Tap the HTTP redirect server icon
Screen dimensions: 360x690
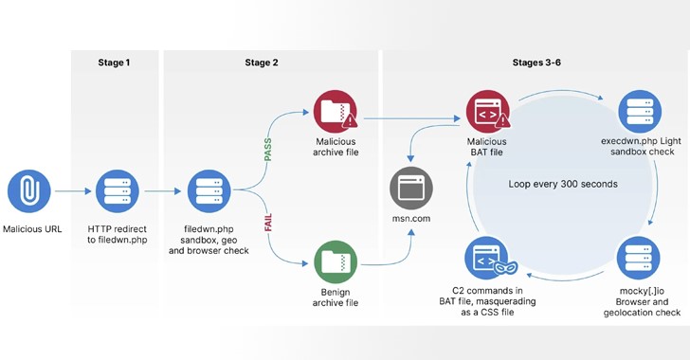[x=118, y=189]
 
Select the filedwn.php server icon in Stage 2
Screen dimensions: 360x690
[x=208, y=189]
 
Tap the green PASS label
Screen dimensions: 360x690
[x=267, y=149]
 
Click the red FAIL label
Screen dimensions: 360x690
[x=268, y=229]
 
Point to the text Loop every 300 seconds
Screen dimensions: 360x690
[x=561, y=183]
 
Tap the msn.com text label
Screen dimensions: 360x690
[x=412, y=220]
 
